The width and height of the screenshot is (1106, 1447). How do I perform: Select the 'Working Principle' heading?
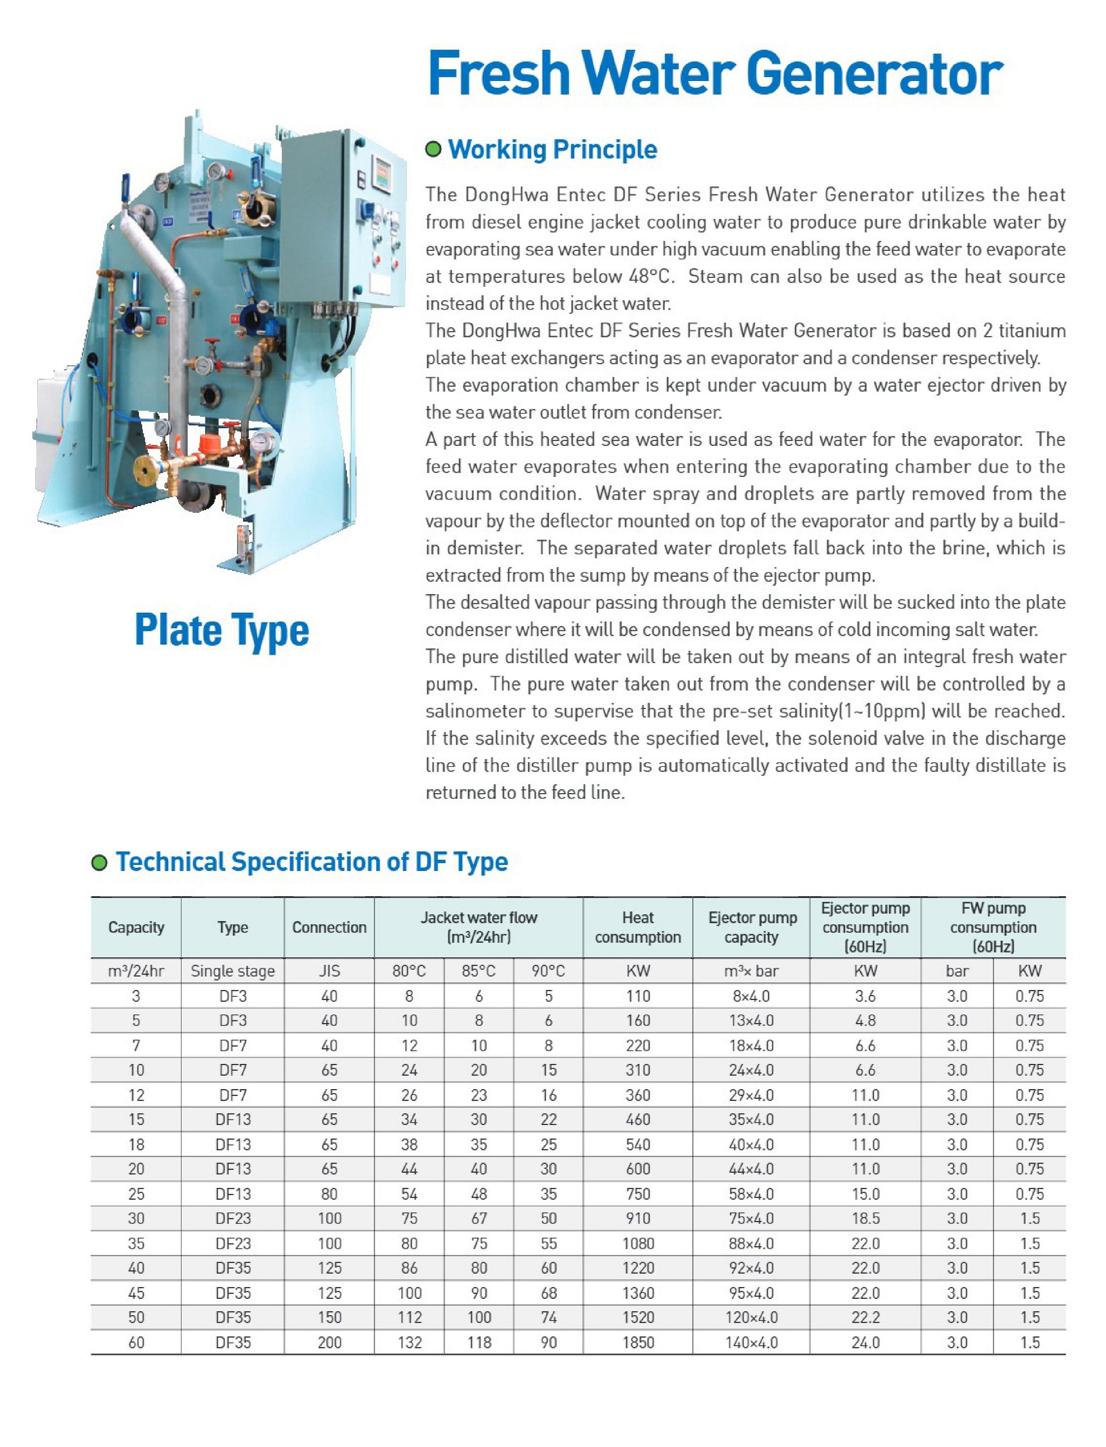click(553, 150)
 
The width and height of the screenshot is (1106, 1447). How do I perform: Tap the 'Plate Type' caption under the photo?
click(222, 630)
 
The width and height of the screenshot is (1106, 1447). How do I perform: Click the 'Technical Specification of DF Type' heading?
click(311, 862)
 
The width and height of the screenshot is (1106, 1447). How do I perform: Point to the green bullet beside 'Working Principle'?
click(433, 150)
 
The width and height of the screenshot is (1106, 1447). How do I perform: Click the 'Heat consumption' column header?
click(637, 927)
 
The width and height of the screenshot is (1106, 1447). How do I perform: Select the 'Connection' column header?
click(329, 927)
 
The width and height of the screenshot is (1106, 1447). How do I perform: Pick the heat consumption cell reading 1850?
click(637, 1342)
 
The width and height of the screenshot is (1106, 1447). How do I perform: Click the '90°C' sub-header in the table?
click(549, 971)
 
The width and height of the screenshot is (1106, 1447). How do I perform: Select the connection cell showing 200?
click(329, 1342)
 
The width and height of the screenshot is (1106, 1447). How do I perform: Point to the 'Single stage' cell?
click(232, 971)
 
